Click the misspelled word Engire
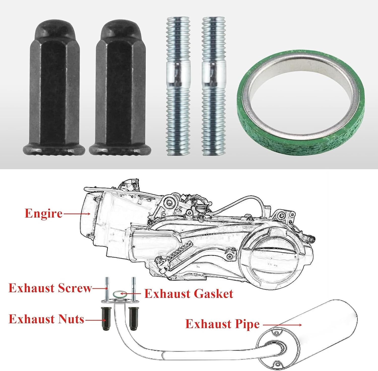[43, 214]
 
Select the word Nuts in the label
[71, 319]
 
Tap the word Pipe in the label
[247, 324]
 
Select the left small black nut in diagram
[106, 319]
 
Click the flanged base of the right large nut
[120, 150]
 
